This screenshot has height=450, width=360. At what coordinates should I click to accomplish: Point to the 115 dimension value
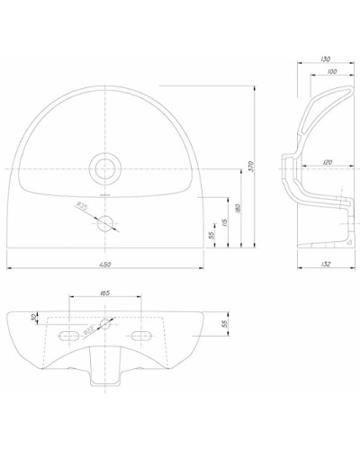coord(223,222)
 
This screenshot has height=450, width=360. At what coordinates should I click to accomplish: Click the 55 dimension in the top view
coord(211,235)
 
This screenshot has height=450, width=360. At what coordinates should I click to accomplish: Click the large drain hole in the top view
coord(107,166)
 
